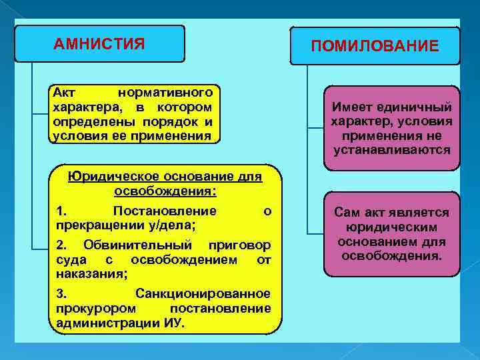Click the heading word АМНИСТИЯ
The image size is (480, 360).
(x=99, y=45)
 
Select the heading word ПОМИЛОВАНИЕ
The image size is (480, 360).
(x=375, y=46)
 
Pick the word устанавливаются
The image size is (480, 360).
(x=392, y=151)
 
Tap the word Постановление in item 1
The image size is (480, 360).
(x=165, y=211)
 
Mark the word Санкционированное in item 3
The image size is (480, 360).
(x=203, y=293)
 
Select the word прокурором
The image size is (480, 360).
(x=97, y=308)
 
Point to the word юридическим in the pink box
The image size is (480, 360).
(x=392, y=227)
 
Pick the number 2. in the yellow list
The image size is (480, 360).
(x=62, y=245)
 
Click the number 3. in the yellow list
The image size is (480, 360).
(x=62, y=293)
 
